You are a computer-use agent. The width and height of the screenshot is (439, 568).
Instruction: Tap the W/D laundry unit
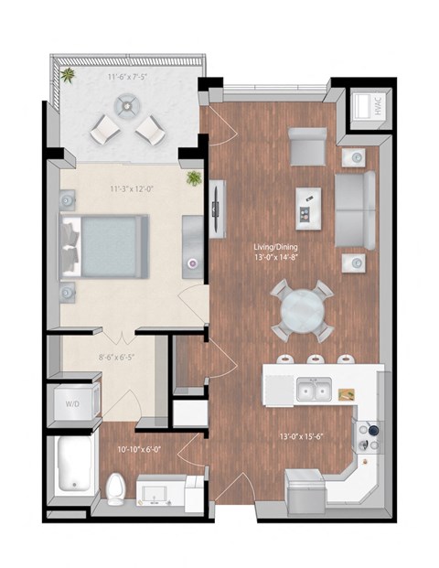(x=70, y=403)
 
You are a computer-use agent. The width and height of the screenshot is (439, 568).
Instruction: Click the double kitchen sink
(x=313, y=391)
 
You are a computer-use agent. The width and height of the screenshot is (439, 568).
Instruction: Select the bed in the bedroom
(x=104, y=246)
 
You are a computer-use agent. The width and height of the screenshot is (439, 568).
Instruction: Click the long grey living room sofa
(x=356, y=209)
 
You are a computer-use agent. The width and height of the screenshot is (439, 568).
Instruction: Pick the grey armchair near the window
(x=307, y=145)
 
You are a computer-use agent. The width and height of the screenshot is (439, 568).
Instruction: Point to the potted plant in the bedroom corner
(x=194, y=177)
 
